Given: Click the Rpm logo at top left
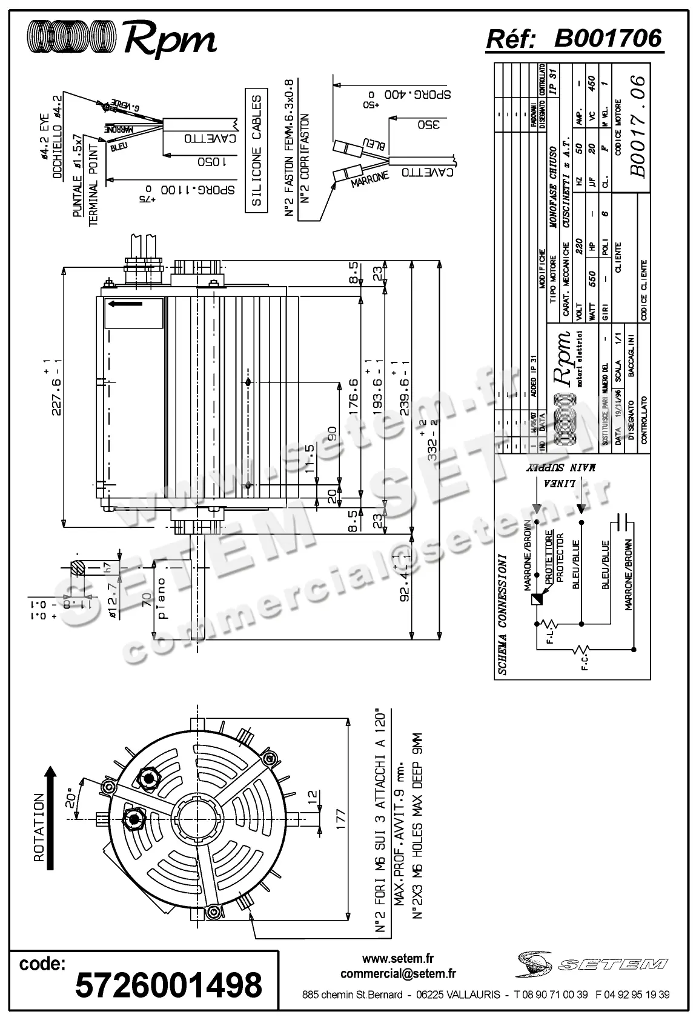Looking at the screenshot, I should pos(121,38).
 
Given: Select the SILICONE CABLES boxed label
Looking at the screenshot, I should pos(257,150).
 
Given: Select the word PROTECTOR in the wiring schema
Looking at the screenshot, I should pos(559,555).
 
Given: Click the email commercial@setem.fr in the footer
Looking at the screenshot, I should pos(398,974).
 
